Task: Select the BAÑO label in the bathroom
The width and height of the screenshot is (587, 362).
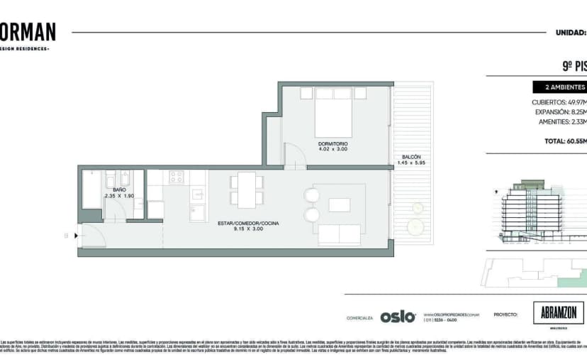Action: [118, 190]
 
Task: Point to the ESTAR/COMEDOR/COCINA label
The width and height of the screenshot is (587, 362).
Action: [248, 224]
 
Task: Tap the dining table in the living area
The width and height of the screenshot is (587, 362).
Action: [247, 190]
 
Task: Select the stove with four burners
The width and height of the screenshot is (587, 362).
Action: [176, 177]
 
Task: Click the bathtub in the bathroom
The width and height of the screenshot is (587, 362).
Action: [91, 190]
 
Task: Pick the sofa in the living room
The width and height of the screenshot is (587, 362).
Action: [340, 234]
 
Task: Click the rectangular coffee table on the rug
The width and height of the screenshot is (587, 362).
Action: [340, 205]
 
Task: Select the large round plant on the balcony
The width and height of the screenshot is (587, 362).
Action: [413, 226]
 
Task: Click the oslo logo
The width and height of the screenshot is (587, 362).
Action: [397, 317]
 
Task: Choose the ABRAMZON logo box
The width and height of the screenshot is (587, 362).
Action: [558, 313]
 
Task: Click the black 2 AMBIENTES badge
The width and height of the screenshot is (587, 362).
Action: [560, 88]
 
